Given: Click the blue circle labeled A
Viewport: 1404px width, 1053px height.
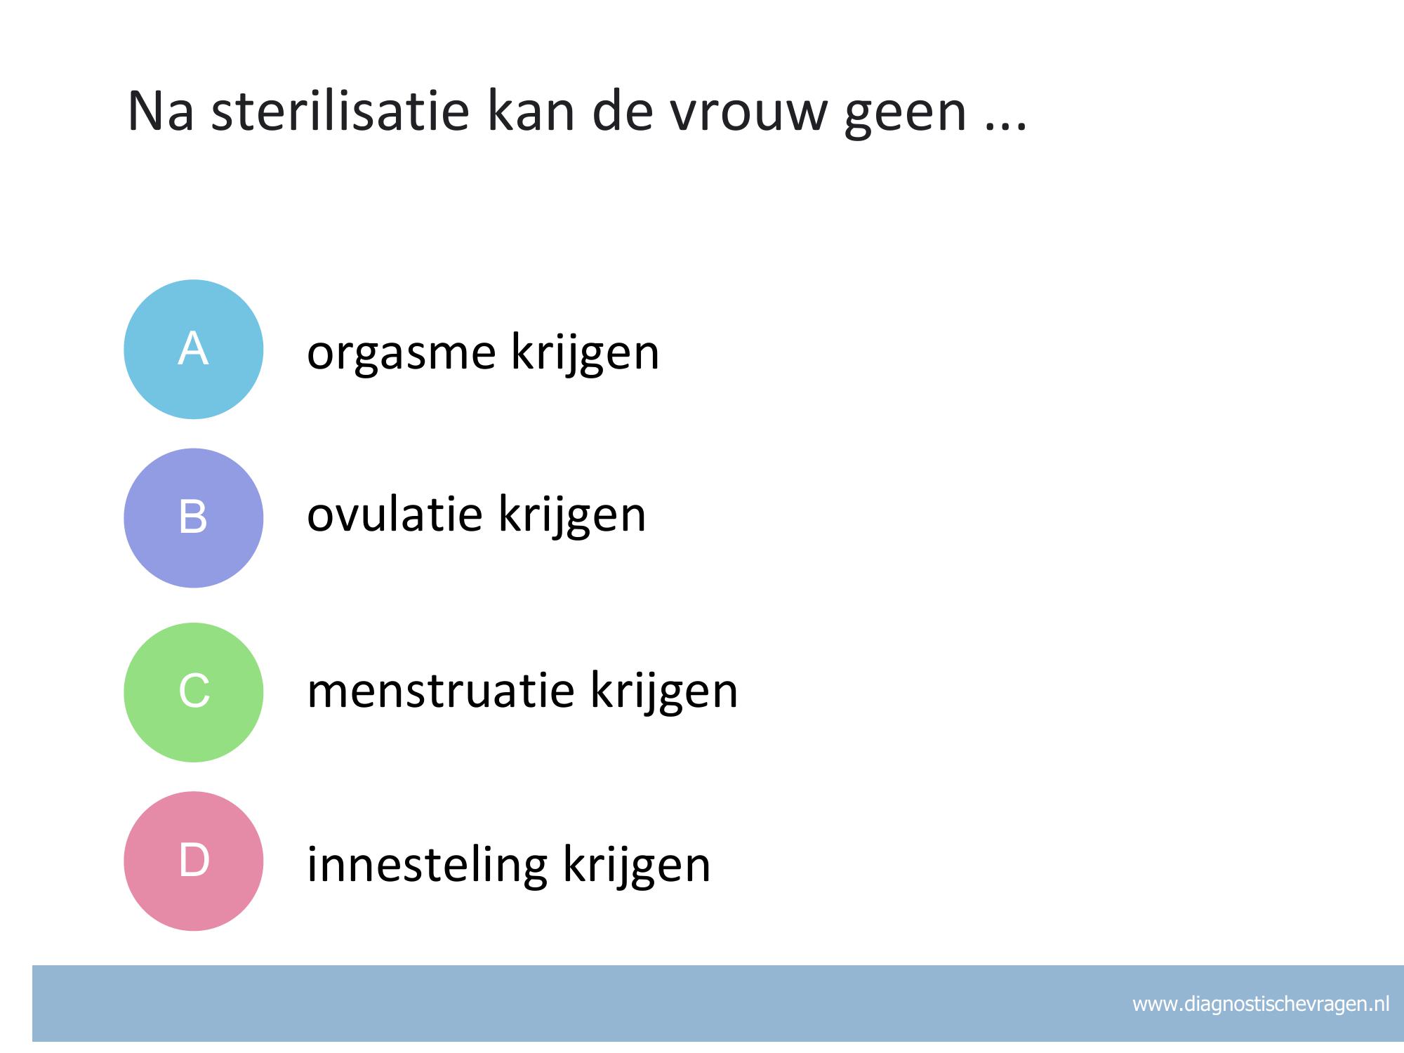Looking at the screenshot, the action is [x=194, y=350].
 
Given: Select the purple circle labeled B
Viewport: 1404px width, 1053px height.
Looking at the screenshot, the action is [x=194, y=518].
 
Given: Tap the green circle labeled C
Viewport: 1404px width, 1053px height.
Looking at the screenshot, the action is [x=194, y=692].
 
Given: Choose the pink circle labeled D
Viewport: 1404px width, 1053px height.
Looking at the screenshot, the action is [x=194, y=861].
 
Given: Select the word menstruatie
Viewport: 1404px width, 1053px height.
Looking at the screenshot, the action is [x=441, y=691].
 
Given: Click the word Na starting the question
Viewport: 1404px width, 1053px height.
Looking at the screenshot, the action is [x=160, y=112].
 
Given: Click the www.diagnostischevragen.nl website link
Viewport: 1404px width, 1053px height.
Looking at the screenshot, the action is [x=1261, y=1005].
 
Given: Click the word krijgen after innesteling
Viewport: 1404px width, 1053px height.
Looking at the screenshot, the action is [x=637, y=866].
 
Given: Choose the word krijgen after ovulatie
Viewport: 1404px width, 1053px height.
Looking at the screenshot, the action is [x=572, y=516].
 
